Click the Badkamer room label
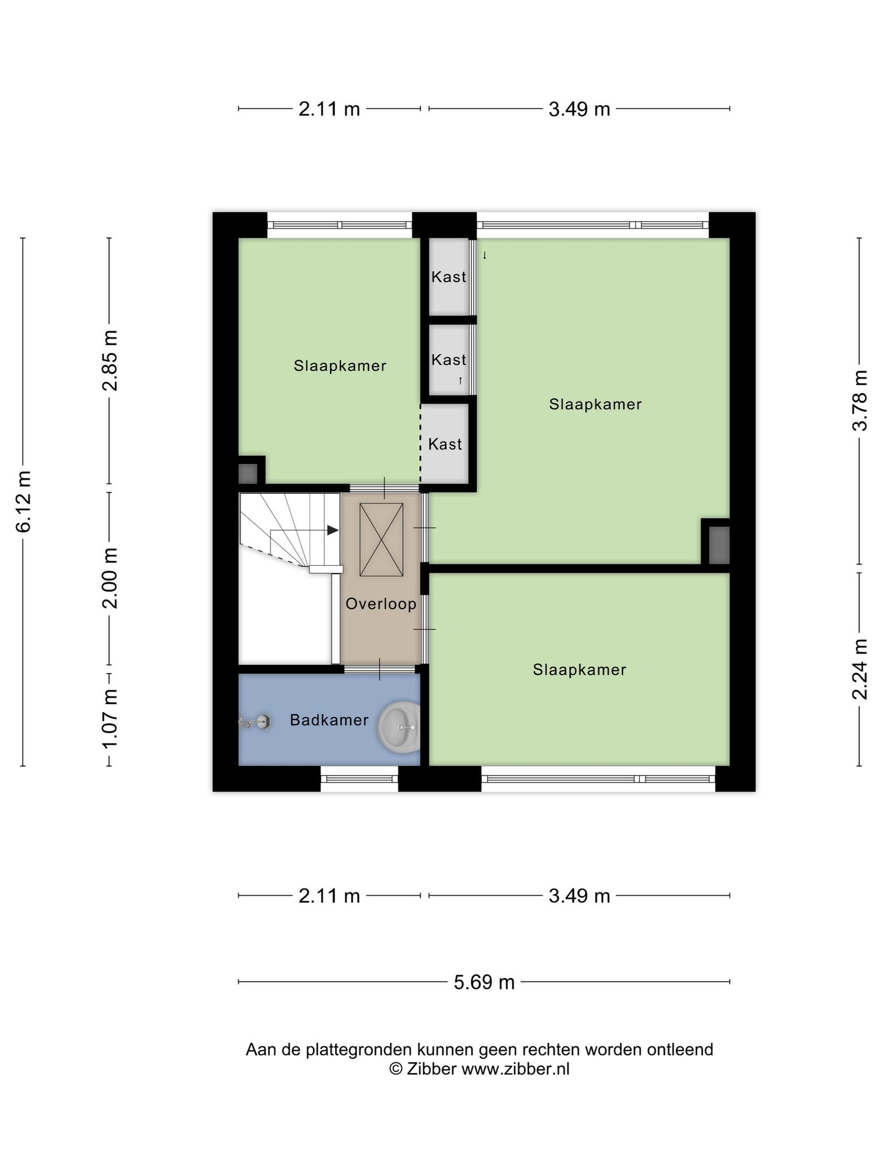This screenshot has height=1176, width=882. [329, 719]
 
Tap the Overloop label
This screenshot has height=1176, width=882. [381, 604]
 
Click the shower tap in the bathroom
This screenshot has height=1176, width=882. [255, 722]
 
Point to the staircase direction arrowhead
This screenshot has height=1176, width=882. [332, 530]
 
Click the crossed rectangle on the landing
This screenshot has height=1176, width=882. [381, 539]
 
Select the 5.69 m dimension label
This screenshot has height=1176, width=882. [484, 982]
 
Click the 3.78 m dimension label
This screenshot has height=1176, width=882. [860, 400]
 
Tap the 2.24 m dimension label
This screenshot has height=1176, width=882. [860, 669]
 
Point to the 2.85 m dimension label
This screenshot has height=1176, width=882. [110, 361]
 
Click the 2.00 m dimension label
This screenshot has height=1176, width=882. [110, 578]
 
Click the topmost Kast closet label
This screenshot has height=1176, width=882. [449, 277]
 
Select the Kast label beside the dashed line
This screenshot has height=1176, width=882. [445, 444]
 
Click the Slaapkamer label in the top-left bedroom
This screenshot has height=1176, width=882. [340, 366]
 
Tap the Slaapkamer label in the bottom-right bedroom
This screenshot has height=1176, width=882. [579, 670]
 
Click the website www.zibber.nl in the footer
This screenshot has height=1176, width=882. [516, 1069]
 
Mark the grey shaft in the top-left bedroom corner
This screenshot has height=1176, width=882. [248, 473]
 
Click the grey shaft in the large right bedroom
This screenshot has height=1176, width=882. [719, 545]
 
